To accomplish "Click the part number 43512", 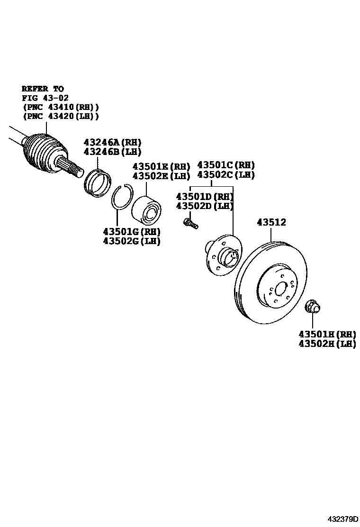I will (271, 222).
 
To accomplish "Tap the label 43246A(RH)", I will (113, 142).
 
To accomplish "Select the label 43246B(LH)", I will (113, 152).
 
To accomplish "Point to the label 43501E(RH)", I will (161, 166).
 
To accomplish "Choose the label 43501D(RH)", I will (205, 196).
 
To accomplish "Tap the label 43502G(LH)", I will (132, 241).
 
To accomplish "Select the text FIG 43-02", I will (45, 98).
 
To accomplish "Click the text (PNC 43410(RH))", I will (61, 107).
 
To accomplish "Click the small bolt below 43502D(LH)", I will (190, 222).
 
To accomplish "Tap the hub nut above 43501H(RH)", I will (312, 307).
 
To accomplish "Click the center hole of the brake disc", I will (281, 289).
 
